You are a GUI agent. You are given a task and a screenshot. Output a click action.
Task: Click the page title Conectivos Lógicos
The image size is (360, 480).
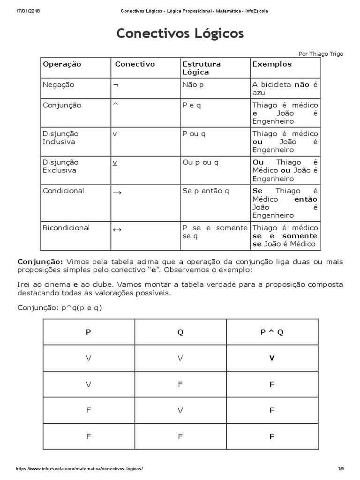click(x=180, y=34)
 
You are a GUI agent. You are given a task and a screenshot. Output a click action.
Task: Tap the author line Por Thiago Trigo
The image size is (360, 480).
click(x=320, y=54)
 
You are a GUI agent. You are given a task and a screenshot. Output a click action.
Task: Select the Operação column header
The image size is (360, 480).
click(x=62, y=64)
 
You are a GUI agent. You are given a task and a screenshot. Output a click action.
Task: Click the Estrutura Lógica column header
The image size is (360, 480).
click(x=201, y=68)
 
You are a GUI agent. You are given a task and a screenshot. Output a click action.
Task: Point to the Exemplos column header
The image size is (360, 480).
click(x=272, y=64)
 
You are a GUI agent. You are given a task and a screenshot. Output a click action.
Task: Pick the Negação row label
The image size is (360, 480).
click(x=59, y=85)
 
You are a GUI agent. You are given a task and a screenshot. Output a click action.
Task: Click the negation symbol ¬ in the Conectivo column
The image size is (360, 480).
click(x=115, y=85)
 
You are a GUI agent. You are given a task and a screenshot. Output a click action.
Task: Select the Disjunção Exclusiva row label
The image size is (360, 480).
click(x=60, y=166)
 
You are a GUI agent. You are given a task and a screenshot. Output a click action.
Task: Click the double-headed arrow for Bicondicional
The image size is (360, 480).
click(x=117, y=229)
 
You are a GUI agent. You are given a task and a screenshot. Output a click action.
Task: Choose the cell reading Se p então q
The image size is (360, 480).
click(x=205, y=191)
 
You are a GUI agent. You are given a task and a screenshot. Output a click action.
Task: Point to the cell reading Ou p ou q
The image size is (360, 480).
click(x=200, y=163)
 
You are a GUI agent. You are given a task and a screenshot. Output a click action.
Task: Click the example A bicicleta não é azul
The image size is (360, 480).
click(x=285, y=89)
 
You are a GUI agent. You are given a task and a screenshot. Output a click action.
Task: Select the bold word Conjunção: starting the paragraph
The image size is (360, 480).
click(x=40, y=262)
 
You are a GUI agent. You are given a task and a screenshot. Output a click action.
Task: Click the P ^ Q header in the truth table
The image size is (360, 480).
click(x=272, y=332)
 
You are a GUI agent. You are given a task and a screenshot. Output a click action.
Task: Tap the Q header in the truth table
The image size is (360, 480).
click(x=180, y=332)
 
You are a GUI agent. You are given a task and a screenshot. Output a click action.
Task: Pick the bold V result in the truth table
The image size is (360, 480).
click(x=272, y=358)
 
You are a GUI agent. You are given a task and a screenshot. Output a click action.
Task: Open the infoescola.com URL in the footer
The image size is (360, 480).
click(x=79, y=469)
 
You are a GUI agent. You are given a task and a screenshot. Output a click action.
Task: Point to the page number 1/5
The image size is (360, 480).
click(x=340, y=469)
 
